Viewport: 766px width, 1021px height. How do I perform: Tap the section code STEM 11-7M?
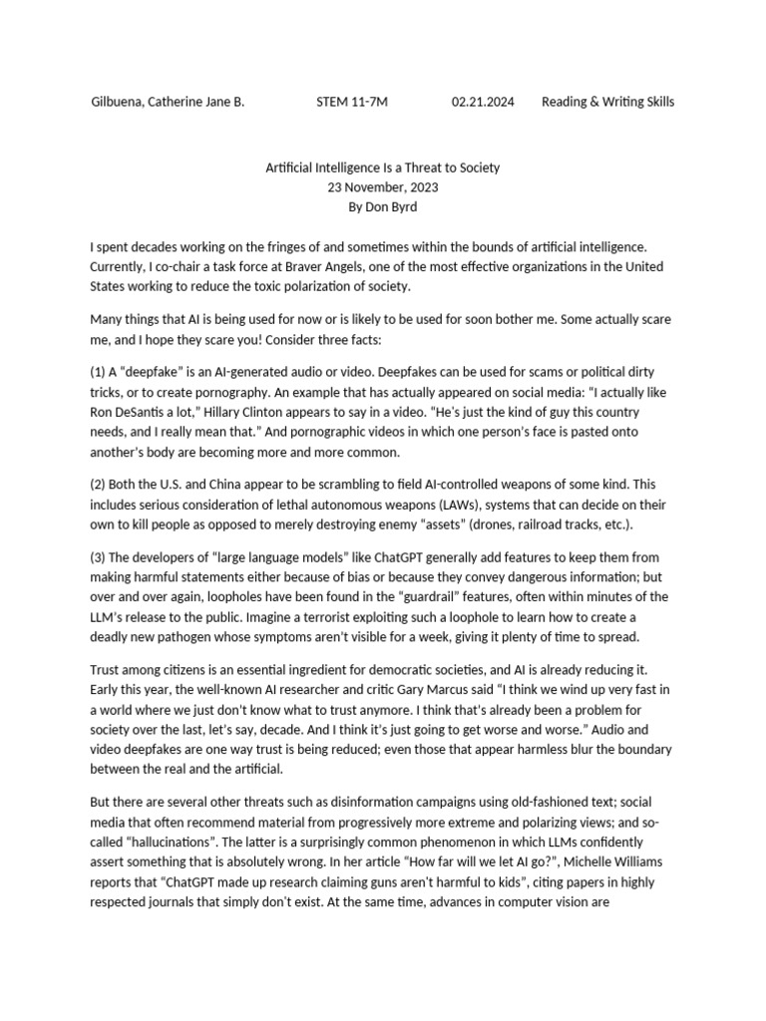352,102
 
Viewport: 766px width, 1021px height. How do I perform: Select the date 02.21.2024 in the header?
483,102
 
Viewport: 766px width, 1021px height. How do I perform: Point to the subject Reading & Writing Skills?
607,102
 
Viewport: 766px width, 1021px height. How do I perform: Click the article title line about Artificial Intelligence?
383,168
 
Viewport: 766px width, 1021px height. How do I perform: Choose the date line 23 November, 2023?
383,186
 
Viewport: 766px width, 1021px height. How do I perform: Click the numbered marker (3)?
99,557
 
